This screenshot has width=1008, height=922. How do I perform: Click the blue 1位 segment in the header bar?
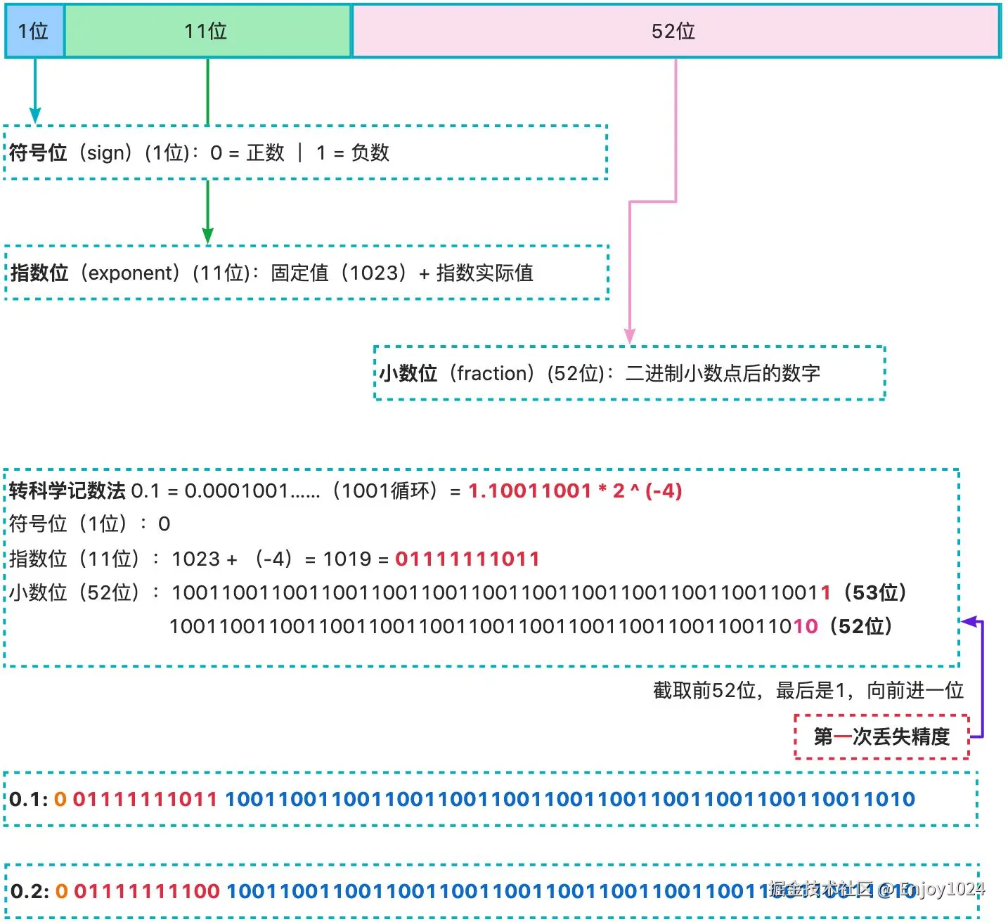point(34,31)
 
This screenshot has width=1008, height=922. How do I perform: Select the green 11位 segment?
point(207,31)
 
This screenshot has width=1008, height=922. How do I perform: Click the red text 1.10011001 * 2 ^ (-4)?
point(575,491)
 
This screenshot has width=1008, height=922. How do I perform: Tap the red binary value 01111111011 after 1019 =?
point(467,559)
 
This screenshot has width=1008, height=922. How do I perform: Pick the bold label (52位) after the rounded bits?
point(860,625)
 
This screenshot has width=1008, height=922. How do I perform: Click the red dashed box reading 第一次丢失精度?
point(881,736)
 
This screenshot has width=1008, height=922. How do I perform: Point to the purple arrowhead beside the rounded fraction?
point(969,621)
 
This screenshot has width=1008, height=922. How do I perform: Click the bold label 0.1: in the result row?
point(29,799)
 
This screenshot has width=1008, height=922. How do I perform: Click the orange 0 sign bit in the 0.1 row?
point(60,799)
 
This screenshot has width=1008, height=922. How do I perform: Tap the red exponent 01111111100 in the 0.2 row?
point(147,891)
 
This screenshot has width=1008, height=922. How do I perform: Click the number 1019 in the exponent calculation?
point(347,559)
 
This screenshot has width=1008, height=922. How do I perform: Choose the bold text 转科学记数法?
point(67,491)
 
